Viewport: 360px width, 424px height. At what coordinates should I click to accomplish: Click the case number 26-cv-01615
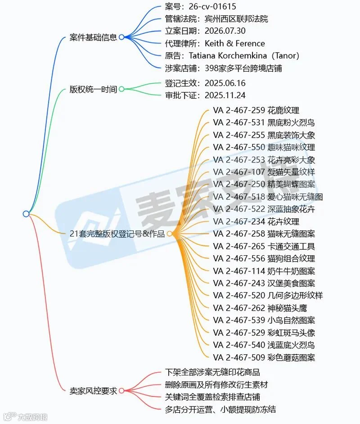pos(212,6)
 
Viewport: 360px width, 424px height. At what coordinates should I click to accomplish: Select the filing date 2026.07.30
pos(225,31)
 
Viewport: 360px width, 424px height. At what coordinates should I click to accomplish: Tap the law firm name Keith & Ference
pos(234,43)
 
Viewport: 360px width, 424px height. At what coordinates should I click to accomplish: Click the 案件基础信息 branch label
pos(93,37)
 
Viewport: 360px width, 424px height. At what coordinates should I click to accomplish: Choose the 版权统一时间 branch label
pos(93,89)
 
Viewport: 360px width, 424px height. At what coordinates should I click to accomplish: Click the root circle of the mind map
pos(26,214)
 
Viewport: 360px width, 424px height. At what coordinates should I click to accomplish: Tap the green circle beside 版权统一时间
pos(121,89)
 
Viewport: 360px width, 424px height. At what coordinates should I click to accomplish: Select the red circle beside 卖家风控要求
pos(121,391)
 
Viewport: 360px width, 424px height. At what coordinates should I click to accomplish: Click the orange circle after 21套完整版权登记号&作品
pos(170,234)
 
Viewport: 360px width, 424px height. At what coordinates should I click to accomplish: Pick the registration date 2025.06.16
pos(225,83)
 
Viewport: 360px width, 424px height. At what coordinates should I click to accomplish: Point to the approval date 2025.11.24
pos(225,95)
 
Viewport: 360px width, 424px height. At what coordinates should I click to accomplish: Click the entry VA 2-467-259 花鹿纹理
pos(256,110)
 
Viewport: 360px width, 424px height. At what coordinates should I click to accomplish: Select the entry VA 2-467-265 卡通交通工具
pos(264,246)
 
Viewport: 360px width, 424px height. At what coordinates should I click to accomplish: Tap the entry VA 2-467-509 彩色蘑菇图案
pos(264,357)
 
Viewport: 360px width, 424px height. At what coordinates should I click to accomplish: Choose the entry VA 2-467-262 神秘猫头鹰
pos(260,308)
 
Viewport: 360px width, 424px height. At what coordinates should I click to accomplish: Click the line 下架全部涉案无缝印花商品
pos(212,372)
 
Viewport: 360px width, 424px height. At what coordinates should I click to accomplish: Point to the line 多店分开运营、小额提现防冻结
pos(220,410)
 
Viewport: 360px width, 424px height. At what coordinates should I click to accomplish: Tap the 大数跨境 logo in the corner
pos(26,417)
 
